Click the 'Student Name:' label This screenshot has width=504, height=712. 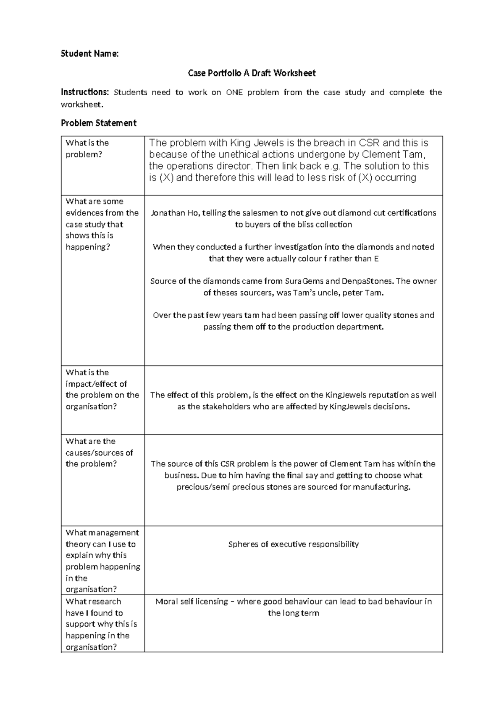(89, 53)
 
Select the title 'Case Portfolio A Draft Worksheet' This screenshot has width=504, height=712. (252, 73)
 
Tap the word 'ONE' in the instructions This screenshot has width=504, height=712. (234, 92)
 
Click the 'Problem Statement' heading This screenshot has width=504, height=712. (98, 123)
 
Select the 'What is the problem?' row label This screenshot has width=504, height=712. (87, 149)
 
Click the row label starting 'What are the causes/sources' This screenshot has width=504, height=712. (99, 453)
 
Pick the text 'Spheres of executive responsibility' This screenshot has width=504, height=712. (293, 544)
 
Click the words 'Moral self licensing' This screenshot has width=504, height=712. (192, 601)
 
